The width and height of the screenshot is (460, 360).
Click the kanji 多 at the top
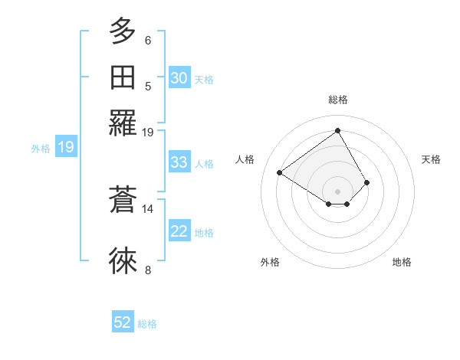tap(123, 32)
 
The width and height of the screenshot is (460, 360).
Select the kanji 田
tap(123, 77)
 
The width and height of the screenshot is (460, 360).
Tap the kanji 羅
tap(123, 123)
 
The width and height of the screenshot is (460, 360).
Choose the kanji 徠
tap(123, 261)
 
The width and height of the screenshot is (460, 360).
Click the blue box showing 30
tap(179, 78)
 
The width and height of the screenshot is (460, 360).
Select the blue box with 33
tap(179, 162)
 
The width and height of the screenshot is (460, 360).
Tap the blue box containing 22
tap(179, 231)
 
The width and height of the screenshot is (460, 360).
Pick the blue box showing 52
tap(123, 322)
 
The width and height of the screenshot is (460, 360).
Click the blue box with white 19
tap(66, 147)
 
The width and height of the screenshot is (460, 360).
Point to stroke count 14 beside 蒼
tap(148, 208)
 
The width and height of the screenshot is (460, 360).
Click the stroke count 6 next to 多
tap(148, 41)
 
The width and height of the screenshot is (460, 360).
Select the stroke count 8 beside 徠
tap(148, 270)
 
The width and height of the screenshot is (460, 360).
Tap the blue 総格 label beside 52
tap(147, 324)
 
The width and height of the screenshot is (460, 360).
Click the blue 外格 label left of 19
tap(41, 149)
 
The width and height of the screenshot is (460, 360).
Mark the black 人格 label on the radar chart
tap(245, 159)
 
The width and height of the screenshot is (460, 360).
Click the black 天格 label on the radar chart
tap(431, 159)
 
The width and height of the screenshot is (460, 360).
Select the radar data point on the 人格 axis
tap(280, 172)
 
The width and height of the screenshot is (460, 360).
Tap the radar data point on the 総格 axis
tap(337, 130)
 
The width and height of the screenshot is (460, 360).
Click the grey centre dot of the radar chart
tap(337, 191)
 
